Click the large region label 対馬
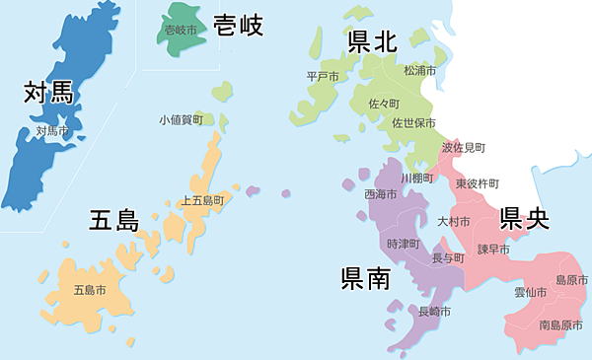click(50, 95)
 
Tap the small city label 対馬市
click(51, 130)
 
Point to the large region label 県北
click(372, 40)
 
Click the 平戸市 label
click(323, 76)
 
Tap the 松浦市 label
click(419, 71)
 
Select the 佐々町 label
click(383, 104)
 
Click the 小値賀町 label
click(181, 119)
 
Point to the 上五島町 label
click(202, 199)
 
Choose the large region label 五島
click(114, 220)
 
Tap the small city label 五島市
click(90, 290)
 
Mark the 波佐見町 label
click(463, 147)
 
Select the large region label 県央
click(523, 218)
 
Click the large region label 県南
click(365, 279)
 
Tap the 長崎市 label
click(434, 312)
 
